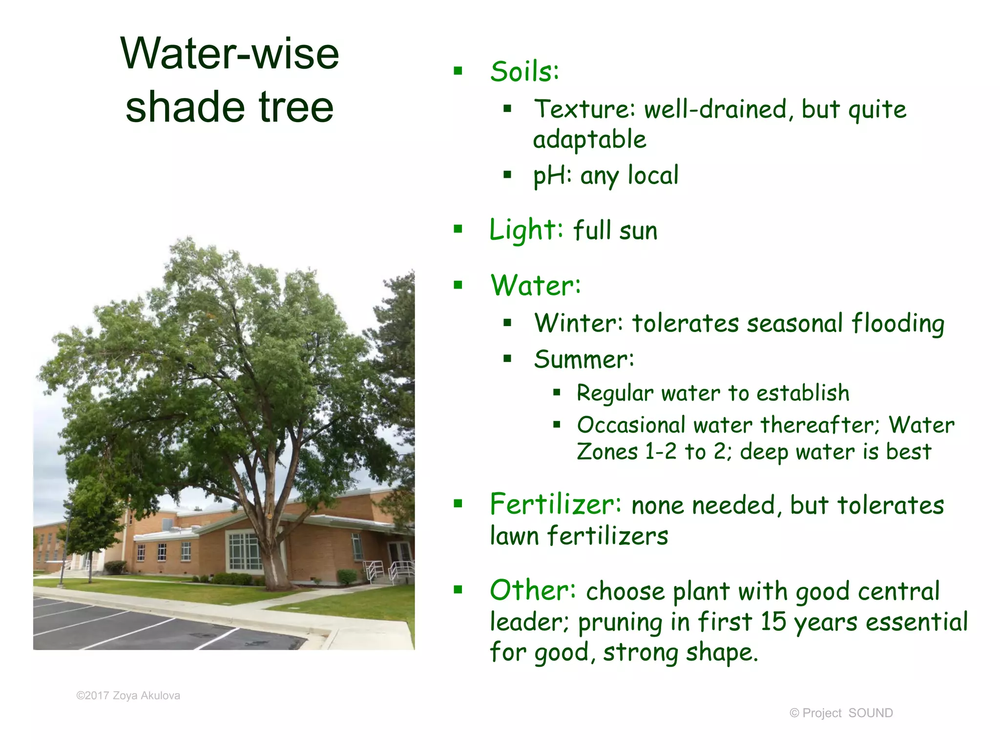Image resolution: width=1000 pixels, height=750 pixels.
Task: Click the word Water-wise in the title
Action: [229, 54]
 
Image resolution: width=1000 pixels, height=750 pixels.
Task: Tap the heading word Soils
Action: [523, 72]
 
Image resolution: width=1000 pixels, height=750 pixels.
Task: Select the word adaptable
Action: [589, 140]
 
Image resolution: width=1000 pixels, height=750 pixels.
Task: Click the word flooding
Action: [898, 324]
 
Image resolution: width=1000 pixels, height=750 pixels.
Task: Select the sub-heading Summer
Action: [583, 360]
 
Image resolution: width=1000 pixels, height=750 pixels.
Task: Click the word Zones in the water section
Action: [607, 452]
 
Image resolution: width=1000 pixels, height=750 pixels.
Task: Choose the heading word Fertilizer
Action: [555, 504]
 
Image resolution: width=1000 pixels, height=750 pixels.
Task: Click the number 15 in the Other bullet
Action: [773, 622]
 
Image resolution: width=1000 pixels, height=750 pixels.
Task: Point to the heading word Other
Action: [533, 590]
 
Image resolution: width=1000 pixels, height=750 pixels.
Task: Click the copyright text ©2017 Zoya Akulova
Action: [128, 695]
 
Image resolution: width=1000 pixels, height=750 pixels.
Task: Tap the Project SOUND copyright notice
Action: [841, 713]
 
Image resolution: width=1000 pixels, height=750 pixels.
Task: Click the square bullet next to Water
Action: [458, 285]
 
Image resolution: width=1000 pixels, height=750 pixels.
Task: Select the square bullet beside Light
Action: [458, 229]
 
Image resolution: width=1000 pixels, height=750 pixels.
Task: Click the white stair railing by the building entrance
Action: [400, 569]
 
